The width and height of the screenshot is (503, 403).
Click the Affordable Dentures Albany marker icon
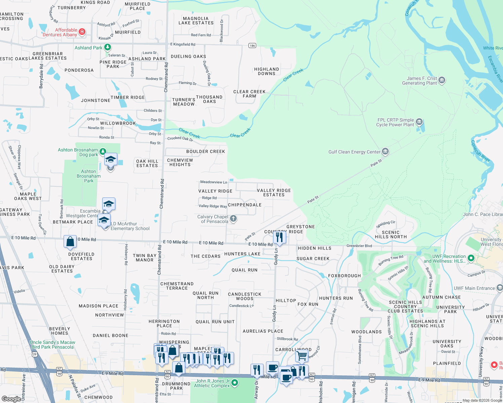[x=82, y=32]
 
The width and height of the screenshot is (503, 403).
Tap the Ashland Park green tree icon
[x=108, y=47]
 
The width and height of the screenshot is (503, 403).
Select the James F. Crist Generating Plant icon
[x=442, y=80]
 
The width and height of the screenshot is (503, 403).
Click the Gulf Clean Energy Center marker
[x=385, y=151]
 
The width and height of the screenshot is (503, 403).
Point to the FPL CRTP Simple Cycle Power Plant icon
[x=419, y=122]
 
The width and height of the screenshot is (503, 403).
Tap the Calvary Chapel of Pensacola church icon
[x=233, y=219]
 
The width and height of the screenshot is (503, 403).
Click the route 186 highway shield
[x=252, y=45]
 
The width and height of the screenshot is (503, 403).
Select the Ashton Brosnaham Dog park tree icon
[x=103, y=152]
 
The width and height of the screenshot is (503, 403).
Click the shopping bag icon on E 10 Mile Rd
[x=70, y=242]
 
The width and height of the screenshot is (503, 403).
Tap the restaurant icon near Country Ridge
[x=279, y=237]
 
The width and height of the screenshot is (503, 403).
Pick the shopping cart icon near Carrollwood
[x=302, y=356]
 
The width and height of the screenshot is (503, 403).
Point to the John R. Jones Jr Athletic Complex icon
[x=235, y=383]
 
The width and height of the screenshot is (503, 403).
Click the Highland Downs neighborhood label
[x=267, y=71]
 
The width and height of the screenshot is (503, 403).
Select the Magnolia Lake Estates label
[x=196, y=21]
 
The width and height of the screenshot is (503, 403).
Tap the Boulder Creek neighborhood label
[x=205, y=151]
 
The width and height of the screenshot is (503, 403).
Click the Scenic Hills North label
[x=391, y=234]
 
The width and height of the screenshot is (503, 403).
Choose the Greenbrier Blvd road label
[x=359, y=246]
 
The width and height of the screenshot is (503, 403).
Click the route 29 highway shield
[x=34, y=354]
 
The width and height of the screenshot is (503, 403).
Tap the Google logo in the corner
[x=11, y=399]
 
